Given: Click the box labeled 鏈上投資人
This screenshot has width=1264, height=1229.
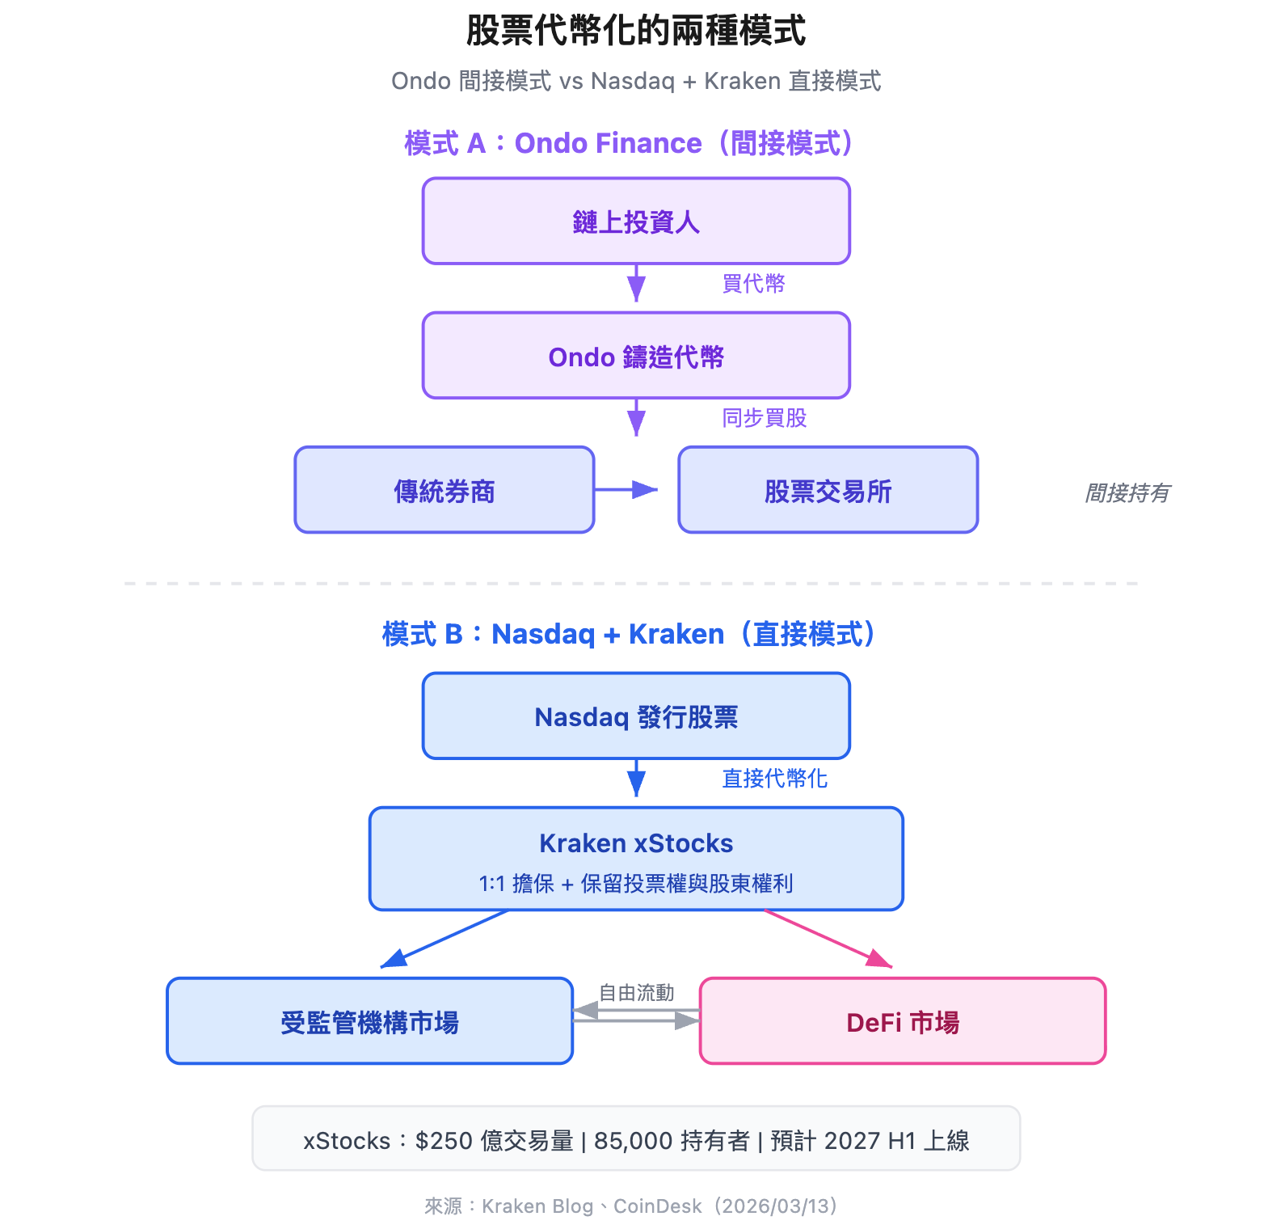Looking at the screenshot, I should tap(636, 222).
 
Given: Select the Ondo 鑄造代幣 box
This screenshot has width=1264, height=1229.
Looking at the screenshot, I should tap(636, 356).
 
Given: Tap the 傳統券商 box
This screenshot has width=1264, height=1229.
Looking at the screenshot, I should tap(445, 490).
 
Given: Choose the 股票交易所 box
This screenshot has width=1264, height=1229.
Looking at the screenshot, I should tap(828, 490).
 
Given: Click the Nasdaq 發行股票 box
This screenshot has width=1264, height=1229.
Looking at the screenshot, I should tap(636, 716).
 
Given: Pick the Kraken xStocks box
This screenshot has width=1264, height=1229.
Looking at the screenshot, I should tap(636, 859).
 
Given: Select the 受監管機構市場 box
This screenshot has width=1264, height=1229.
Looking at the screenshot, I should tap(369, 1021).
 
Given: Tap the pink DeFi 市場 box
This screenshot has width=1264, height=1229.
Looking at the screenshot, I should tap(902, 1021).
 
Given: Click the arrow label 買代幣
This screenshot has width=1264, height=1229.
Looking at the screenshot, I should tap(753, 284).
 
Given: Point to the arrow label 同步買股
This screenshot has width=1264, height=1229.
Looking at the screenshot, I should tap(764, 418).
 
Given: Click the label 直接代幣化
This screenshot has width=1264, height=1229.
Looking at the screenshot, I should tap(774, 779).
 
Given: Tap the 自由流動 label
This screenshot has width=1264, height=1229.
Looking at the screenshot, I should tap(636, 993).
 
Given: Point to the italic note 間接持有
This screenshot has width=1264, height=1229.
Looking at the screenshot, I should tap(1127, 492).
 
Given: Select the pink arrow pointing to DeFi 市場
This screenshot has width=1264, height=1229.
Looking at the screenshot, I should tap(829, 939).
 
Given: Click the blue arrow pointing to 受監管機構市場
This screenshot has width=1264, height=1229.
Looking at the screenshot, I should tap(445, 939).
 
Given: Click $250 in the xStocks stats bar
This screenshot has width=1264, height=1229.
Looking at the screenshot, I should tap(444, 1141).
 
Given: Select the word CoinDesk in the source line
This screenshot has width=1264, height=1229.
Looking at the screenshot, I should tap(657, 1206).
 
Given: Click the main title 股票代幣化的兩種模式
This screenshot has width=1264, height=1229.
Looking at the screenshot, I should tap(636, 32).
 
